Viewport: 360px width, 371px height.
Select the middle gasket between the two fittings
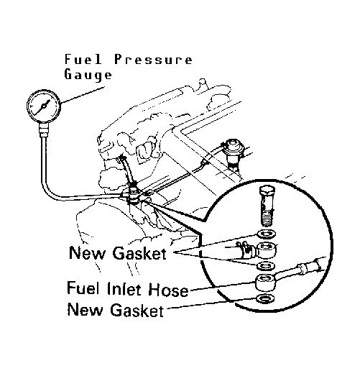pyautogui.click(x=266, y=266)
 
